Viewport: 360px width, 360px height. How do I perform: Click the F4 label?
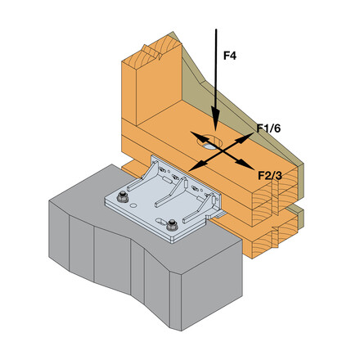tap(230, 56)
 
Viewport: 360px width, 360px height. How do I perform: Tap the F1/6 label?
tap(268, 128)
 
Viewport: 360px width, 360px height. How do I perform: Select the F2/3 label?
tap(270, 176)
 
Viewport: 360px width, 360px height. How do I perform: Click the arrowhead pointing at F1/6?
tap(245, 137)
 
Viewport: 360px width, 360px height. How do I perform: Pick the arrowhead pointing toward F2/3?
tap(244, 163)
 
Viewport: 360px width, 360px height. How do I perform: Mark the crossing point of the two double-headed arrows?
tap(222, 151)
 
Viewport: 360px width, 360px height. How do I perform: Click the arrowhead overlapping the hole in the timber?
tap(200, 137)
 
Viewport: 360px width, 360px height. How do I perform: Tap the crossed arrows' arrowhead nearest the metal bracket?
tap(198, 165)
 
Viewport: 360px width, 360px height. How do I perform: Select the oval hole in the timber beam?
tap(210, 142)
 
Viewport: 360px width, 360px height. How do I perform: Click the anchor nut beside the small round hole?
tap(123, 197)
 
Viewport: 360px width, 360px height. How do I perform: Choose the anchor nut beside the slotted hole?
tap(172, 225)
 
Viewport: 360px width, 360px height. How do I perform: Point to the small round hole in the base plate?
tap(133, 205)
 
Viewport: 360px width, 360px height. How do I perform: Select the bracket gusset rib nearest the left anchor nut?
tap(143, 176)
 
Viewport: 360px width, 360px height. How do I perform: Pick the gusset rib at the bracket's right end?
tap(200, 208)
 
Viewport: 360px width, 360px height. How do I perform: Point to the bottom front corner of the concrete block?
tap(181, 331)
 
